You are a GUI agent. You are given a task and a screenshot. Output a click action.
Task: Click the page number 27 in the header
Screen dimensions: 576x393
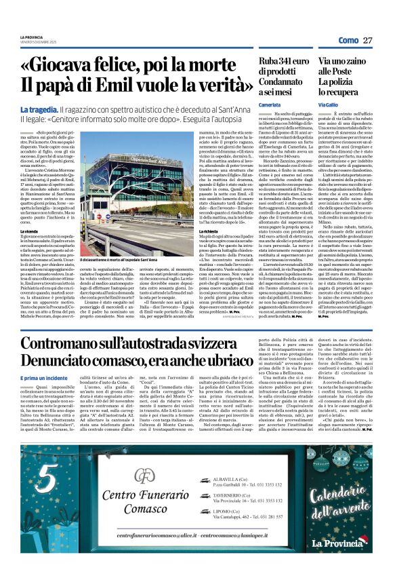click(369, 41)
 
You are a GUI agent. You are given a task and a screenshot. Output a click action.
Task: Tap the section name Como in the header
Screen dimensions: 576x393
click(348, 41)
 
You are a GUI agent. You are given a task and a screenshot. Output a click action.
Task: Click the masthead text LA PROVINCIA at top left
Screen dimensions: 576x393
click(31, 37)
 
